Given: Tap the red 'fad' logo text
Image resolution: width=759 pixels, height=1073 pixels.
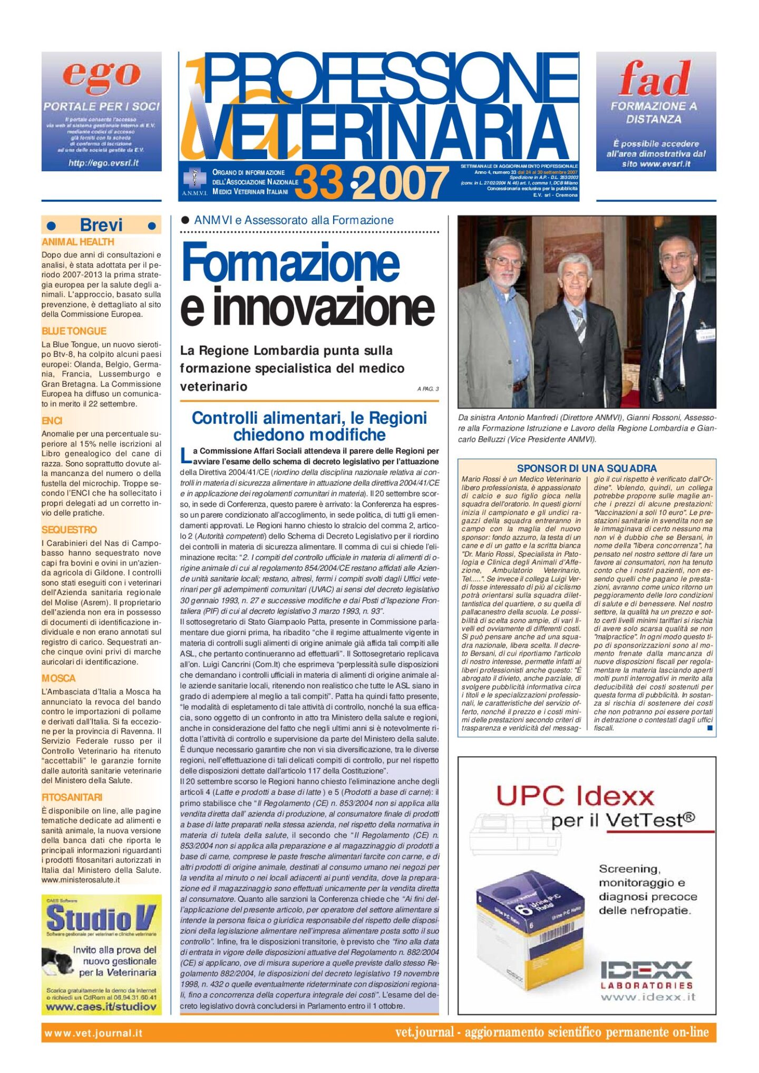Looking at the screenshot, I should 654,78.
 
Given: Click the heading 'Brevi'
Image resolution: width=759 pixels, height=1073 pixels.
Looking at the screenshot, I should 101,225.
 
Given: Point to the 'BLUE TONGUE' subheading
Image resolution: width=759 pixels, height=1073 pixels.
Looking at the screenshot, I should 74,331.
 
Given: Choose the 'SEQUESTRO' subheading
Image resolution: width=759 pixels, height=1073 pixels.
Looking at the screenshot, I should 69,530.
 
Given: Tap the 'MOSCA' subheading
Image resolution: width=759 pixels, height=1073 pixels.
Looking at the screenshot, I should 59,678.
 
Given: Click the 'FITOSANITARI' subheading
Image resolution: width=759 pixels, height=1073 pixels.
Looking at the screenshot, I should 72,797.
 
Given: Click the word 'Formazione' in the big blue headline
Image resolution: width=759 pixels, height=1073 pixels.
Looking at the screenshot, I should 290,262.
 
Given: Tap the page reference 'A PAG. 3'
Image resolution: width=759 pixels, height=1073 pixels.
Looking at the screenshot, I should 427,389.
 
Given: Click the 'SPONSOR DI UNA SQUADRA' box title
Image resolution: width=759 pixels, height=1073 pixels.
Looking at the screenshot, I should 586,468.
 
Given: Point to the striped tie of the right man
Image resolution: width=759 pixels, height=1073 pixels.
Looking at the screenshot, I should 674,332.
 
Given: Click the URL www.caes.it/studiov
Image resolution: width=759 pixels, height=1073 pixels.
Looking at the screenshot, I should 101,1007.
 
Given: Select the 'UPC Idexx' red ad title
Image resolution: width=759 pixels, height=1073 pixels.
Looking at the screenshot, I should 575,796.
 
